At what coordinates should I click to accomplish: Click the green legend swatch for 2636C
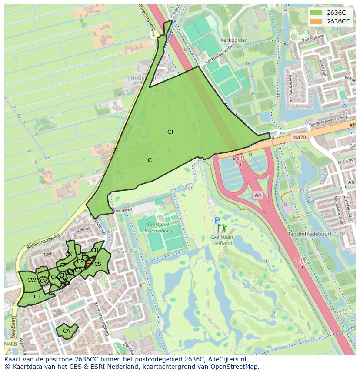[x=316, y=13]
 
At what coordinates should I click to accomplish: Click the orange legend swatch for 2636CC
[x=316, y=21]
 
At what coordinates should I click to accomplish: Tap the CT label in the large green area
[x=170, y=132]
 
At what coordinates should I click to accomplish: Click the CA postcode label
[x=67, y=331]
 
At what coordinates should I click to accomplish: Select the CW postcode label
[x=31, y=280]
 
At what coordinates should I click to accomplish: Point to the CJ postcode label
[x=37, y=297]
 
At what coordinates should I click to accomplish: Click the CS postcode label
[x=98, y=264]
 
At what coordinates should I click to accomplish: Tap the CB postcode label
[x=95, y=250]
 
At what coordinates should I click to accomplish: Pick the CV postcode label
[x=43, y=281]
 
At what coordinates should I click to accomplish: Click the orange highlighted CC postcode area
[x=90, y=262]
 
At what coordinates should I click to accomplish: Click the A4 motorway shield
[x=258, y=195]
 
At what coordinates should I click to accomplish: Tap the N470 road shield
[x=299, y=137]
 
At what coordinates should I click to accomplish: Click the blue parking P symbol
[x=217, y=221]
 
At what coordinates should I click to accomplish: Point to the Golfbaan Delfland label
[x=222, y=240]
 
